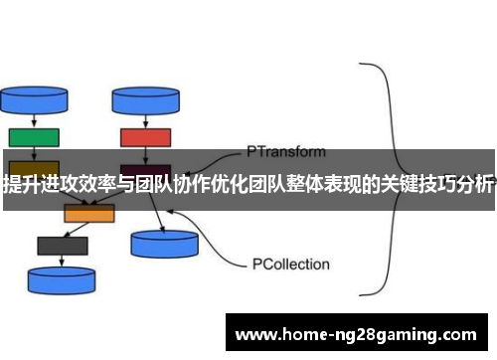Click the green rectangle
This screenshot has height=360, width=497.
[33, 136]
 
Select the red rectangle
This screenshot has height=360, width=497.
[145, 136]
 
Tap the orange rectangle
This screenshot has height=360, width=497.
[89, 212]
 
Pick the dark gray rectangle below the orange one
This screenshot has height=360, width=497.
[62, 245]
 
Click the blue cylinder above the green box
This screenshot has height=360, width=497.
[29, 99]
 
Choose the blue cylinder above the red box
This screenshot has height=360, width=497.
[144, 99]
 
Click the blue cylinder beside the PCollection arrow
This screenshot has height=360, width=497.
[164, 242]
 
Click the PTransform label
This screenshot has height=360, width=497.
[285, 152]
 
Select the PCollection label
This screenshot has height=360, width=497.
[289, 266]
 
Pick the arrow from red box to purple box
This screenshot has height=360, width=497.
[145, 153]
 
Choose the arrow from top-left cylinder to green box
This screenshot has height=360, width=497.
[30, 120]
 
